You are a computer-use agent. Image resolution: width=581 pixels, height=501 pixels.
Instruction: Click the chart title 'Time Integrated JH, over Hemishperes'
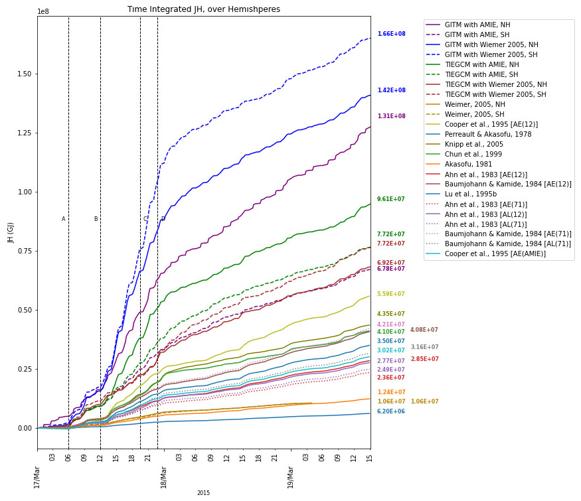pos(204,9)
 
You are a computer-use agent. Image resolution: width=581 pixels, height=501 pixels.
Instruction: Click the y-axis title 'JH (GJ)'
pos(11,232)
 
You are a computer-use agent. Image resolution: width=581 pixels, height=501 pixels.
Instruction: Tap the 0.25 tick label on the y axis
pos(24,369)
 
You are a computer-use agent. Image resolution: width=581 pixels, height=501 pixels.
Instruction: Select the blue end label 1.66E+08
pos(391,34)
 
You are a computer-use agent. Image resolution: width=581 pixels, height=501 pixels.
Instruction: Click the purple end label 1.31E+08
pos(391,116)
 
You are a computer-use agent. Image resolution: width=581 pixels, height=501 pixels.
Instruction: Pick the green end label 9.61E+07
pos(391,199)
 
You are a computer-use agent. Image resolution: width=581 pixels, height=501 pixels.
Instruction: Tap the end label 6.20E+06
pos(391,411)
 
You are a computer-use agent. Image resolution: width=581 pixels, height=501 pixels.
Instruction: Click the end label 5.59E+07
pos(391,294)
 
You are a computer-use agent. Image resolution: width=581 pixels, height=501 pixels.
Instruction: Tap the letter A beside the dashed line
pos(64,219)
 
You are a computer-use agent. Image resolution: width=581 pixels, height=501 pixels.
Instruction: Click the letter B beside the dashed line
pos(96,219)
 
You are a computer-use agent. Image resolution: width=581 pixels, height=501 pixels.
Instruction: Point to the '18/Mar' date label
pos(163,477)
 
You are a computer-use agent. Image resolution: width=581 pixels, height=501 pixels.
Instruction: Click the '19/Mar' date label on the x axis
pos(290,477)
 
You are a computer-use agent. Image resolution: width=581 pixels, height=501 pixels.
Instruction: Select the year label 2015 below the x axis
pos(203,493)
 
